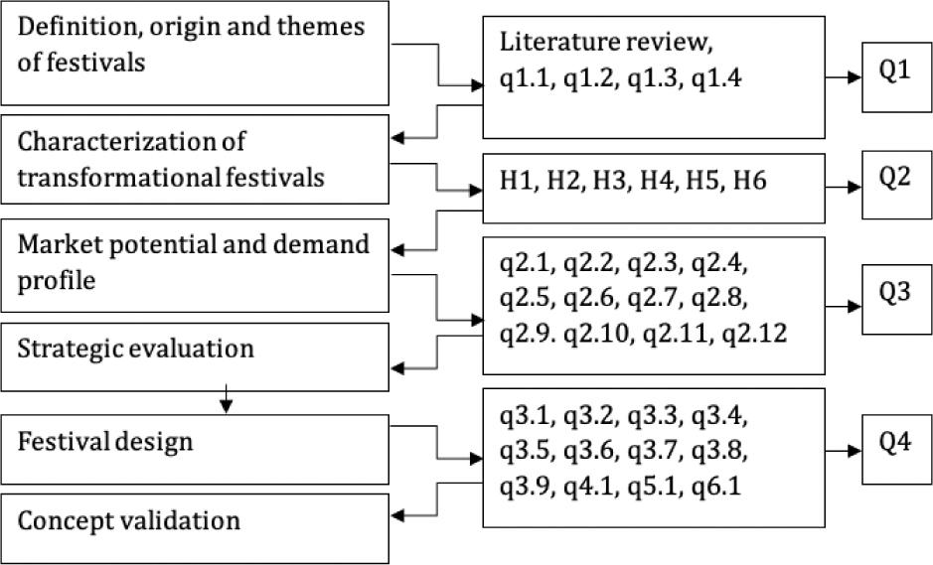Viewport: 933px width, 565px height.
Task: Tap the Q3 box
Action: (x=896, y=300)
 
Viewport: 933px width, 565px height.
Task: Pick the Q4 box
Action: (x=896, y=450)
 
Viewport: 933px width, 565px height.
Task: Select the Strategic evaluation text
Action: (x=135, y=349)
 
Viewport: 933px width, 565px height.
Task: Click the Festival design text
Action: (x=105, y=439)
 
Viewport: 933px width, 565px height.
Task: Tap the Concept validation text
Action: (x=129, y=519)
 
